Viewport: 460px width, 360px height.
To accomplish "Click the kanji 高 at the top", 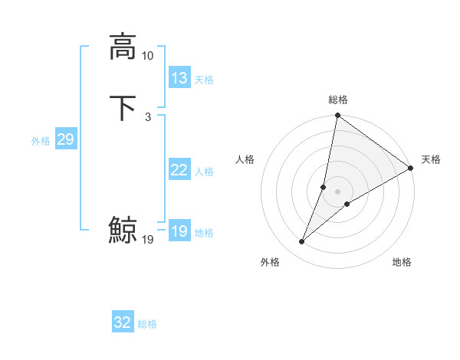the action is click(123, 46).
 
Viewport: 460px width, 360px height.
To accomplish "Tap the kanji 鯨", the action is click(123, 230).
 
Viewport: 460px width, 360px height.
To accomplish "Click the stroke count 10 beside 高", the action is click(147, 56).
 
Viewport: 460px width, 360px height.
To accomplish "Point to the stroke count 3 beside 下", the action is click(147, 117).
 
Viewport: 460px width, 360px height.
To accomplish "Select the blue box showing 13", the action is click(179, 78).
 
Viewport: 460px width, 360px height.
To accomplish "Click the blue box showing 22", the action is click(179, 170).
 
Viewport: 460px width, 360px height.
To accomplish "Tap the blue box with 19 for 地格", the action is click(179, 231).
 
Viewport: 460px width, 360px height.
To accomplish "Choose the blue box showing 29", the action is click(65, 139).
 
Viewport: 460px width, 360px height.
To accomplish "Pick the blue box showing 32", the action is click(123, 322).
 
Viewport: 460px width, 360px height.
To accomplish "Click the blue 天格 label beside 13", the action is click(204, 80).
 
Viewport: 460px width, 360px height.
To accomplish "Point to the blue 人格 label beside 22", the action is click(204, 172).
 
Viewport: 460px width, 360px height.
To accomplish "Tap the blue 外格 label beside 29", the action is click(41, 141).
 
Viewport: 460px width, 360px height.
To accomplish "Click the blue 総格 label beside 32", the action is click(147, 324).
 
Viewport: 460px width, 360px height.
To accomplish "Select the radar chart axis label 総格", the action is click(338, 100).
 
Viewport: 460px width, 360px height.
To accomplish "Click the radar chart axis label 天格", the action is click(431, 159).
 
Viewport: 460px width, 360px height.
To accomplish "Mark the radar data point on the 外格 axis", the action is click(302, 242).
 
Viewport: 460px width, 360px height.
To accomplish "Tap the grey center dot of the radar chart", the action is click(338, 191).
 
